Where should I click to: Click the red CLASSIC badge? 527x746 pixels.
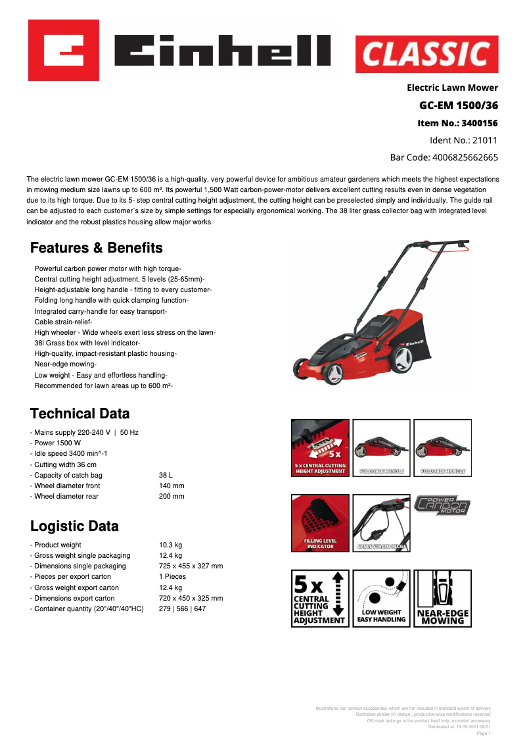pos(426,54)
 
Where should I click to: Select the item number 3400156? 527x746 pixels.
pos(458,123)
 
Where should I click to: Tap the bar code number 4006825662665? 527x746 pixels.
pos(444,157)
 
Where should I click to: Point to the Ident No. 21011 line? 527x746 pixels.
pos(463,140)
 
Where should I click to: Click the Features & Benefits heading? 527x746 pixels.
pos(97,248)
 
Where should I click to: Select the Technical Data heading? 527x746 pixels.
pos(80,414)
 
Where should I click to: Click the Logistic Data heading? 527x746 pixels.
pos(74,526)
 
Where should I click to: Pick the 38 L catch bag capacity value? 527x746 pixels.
pos(166,475)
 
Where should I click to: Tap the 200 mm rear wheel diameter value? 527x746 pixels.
pos(172,496)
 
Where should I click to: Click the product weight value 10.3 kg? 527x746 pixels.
pos(170,545)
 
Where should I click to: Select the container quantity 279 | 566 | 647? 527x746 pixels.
pos(182,609)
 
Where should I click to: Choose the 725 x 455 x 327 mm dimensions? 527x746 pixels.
pos(191,566)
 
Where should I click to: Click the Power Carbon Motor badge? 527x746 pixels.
pos(442,506)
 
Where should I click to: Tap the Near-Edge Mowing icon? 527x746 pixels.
pos(443,598)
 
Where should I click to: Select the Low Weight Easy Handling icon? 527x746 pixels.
pos(381,598)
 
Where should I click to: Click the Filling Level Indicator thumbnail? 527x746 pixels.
pos(320,523)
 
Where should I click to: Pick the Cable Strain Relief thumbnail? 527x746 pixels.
pos(381,523)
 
